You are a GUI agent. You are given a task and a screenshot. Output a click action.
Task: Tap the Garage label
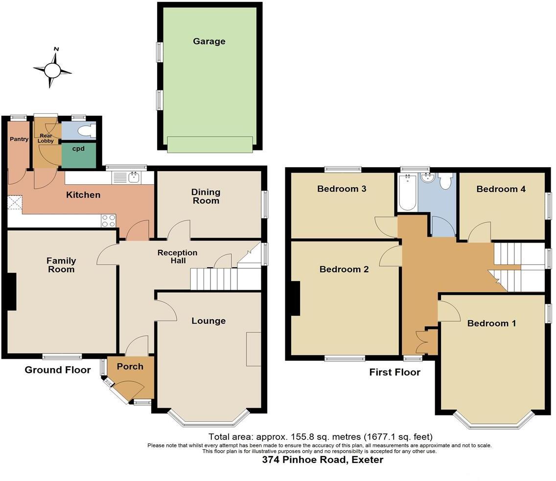[209, 42]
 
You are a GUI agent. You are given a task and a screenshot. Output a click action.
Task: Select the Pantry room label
[19, 139]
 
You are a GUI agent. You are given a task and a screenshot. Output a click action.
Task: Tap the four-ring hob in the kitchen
[109, 221]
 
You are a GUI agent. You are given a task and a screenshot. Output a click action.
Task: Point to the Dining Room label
[206, 196]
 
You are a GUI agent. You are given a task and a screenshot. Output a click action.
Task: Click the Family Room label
[61, 265]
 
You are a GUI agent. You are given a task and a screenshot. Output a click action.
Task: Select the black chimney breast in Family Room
[11, 291]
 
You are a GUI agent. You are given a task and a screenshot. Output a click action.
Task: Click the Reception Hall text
[177, 257]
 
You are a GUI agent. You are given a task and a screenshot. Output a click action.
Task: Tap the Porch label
[130, 367]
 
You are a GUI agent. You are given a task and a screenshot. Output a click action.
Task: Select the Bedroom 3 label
[342, 189]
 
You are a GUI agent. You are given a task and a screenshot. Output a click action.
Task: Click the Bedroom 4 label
[501, 189]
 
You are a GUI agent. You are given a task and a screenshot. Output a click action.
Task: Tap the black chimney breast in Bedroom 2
[295, 298]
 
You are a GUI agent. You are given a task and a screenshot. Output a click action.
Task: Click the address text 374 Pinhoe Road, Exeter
[323, 460]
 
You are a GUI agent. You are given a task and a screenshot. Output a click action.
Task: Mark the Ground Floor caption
[58, 370]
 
